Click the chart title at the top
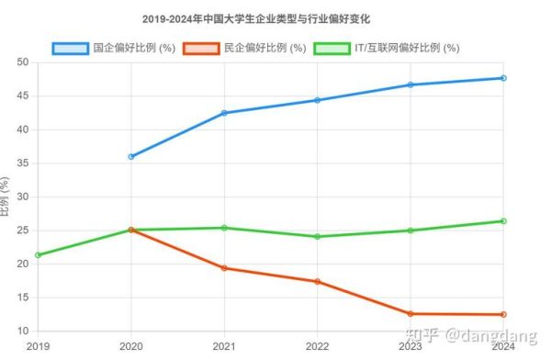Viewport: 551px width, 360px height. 275,18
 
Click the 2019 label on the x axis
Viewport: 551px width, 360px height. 37,345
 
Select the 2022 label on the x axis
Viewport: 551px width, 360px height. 317,345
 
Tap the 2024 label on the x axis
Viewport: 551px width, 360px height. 501,345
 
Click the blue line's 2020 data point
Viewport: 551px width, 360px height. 131,157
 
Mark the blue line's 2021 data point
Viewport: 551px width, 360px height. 224,113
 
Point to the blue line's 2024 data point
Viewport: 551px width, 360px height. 503,78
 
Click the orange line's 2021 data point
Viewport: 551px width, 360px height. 224,268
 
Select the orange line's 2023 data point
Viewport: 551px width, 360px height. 410,314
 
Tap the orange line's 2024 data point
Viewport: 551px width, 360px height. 503,315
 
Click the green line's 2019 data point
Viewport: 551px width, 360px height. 38,255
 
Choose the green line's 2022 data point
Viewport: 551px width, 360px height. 317,237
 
